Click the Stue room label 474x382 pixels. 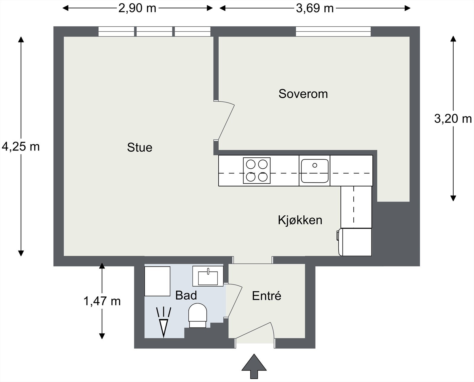coord(140,147)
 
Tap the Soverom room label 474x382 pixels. coord(303,94)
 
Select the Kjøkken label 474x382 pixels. coord(300,220)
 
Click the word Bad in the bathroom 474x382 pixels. coord(186,295)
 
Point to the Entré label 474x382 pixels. coord(266,296)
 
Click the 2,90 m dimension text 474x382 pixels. coord(137,8)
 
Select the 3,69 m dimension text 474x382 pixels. coord(315,8)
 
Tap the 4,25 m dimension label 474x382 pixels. coord(20,146)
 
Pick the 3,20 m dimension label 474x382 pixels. coord(453,119)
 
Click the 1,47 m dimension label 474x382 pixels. coord(102,301)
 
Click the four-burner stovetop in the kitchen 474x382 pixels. coord(257,170)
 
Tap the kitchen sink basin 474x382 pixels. coord(315,171)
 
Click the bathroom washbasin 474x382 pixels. coord(208,276)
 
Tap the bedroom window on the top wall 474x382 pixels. coord(333,31)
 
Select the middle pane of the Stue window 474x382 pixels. coord(154,31)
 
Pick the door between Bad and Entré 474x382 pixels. coord(234,301)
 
